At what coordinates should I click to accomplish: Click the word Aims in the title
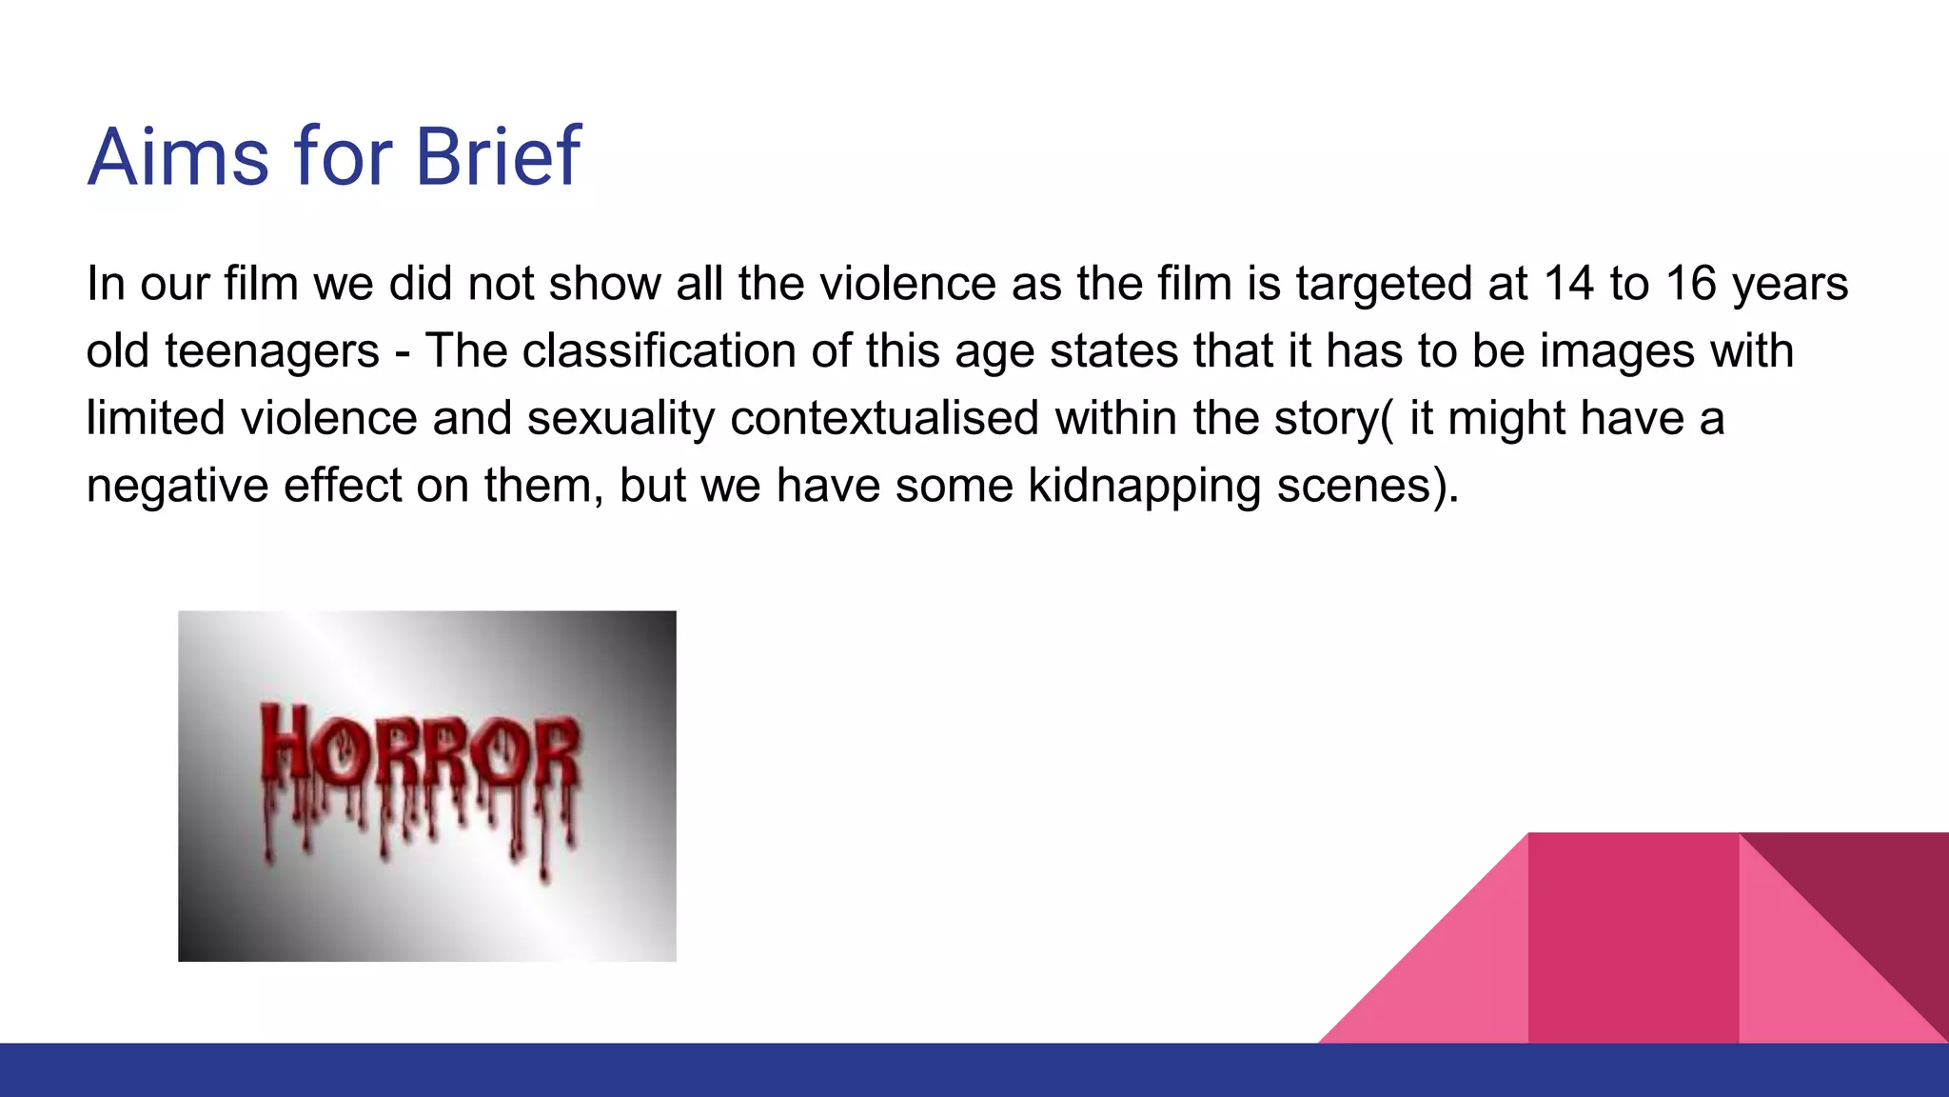(x=178, y=156)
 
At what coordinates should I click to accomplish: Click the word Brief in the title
(x=497, y=156)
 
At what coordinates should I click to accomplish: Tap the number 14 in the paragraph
(x=1567, y=284)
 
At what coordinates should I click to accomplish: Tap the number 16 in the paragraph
(x=1691, y=284)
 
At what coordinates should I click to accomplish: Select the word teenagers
(x=272, y=351)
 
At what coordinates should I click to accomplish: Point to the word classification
(x=659, y=351)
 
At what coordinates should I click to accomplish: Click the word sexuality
(x=620, y=419)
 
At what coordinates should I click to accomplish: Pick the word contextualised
(x=884, y=419)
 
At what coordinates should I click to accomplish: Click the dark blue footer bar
(x=974, y=1070)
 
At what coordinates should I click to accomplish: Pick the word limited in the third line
(x=155, y=419)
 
